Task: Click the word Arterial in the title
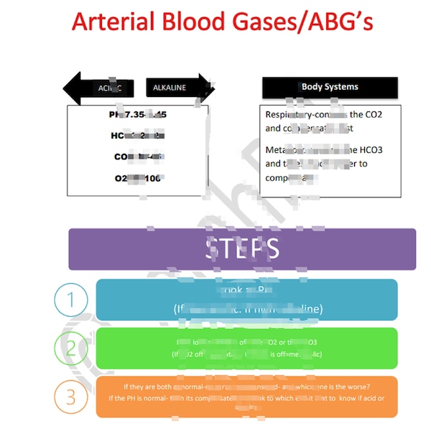(114, 23)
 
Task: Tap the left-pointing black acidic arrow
(96, 88)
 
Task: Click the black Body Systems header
(330, 87)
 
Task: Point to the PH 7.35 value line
(138, 115)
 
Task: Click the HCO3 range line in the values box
(138, 136)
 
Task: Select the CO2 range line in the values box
(138, 157)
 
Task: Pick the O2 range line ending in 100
(138, 177)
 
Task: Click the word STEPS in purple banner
(242, 249)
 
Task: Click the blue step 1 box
(246, 300)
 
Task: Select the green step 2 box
(246, 348)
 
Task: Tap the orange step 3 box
(246, 397)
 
